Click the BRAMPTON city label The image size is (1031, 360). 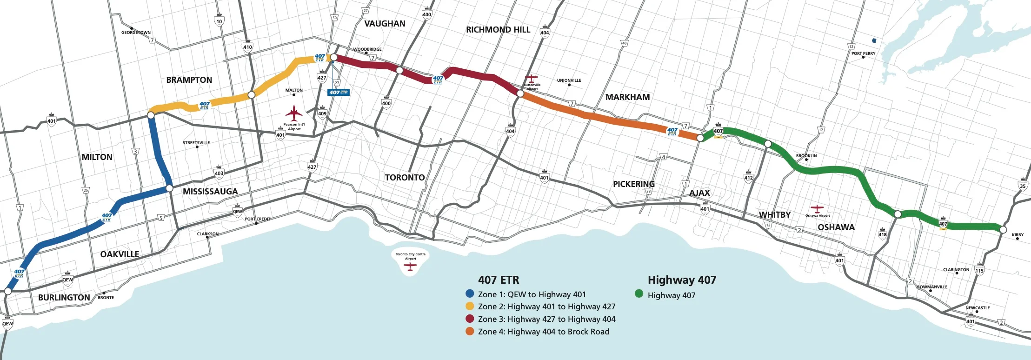point(189,80)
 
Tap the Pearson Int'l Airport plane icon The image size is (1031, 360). point(294,113)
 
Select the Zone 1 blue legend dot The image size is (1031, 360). point(470,294)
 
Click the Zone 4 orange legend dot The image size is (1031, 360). point(470,331)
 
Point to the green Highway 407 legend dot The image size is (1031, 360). point(639,294)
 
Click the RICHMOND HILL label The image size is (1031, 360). point(498,30)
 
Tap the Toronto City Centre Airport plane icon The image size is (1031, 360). point(410,267)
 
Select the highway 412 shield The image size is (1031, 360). point(748,177)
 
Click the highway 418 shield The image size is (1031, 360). point(882,233)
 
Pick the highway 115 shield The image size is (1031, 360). point(979,270)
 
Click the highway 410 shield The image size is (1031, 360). point(247,46)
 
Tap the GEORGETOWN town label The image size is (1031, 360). point(136,33)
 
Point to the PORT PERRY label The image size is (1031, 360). point(863,53)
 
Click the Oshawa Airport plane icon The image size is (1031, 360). point(817,208)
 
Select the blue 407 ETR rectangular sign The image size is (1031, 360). point(338,92)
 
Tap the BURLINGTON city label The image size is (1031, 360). point(64,298)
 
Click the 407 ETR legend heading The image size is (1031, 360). point(499,280)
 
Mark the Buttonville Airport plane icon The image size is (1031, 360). point(531,78)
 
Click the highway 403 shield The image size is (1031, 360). point(219,172)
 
